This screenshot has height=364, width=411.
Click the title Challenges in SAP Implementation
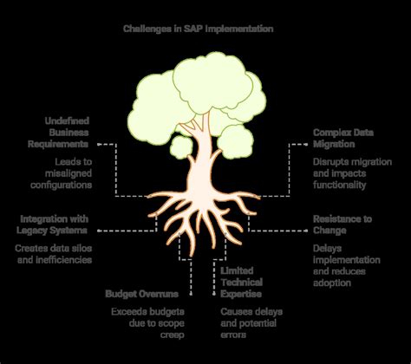point(205,28)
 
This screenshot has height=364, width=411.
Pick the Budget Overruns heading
point(142,293)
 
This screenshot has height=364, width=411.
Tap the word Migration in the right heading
point(334,143)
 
